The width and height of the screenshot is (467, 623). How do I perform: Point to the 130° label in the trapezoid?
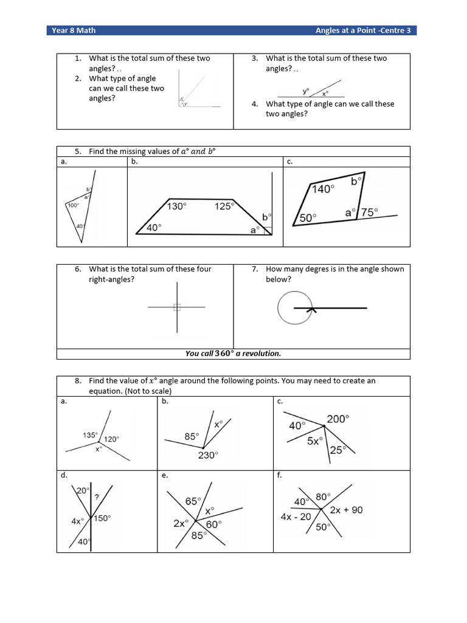[176, 206]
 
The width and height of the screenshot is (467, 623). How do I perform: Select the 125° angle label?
[224, 206]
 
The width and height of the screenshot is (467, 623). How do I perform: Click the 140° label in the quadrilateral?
[323, 189]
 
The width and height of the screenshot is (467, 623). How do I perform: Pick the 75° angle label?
[368, 212]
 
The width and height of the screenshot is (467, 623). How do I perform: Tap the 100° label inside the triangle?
[73, 206]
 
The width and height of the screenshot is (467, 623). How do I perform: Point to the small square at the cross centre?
[177, 307]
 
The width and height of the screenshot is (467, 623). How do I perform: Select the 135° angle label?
[89, 435]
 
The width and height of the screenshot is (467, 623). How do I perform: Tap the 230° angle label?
[207, 455]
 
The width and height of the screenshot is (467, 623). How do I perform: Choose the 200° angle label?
[338, 419]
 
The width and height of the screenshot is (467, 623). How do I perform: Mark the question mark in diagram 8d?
[97, 496]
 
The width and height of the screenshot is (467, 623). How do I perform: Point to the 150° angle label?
[102, 518]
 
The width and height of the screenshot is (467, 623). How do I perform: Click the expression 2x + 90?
[346, 510]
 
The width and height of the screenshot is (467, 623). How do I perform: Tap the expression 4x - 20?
[296, 517]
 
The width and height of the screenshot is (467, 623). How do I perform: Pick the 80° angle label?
[322, 496]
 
